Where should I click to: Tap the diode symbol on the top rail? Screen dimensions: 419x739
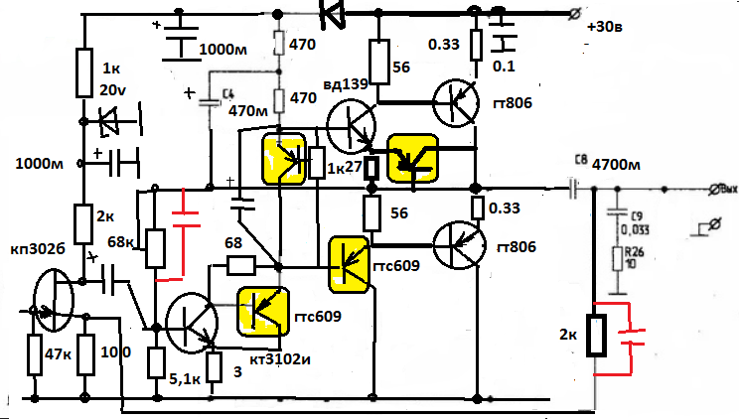click(332, 12)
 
